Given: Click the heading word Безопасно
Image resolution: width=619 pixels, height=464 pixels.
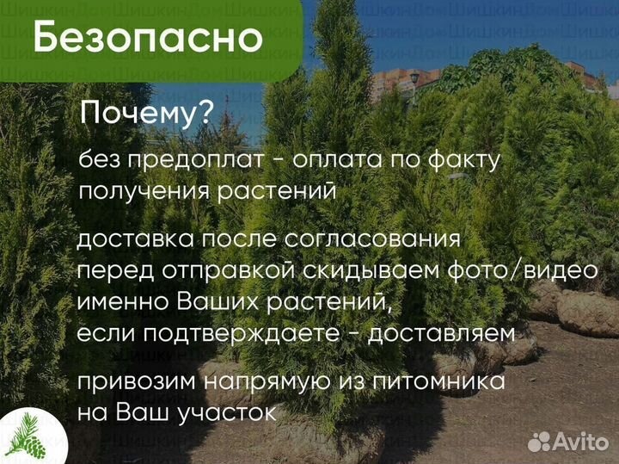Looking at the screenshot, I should pyautogui.click(x=148, y=38).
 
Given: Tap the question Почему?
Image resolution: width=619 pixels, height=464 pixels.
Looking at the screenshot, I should pyautogui.click(x=146, y=114).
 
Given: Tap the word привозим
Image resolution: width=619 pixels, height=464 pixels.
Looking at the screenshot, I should pyautogui.click(x=134, y=380).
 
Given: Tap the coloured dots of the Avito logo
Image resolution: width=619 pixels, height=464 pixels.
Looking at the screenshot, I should pyautogui.click(x=539, y=442).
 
